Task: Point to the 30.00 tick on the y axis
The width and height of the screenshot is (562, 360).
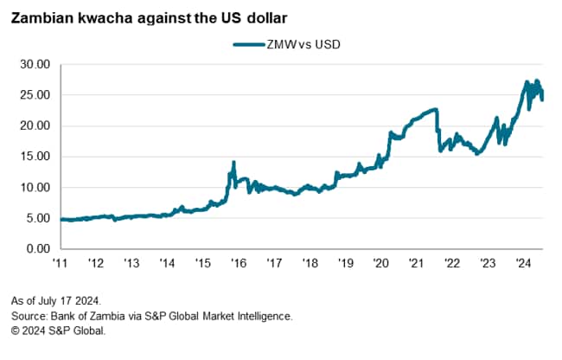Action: [x=35, y=64]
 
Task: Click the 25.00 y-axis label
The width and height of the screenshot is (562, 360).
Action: [x=35, y=95]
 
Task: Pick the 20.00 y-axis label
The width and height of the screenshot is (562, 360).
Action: [x=35, y=125]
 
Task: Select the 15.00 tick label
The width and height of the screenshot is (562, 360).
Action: [x=35, y=157]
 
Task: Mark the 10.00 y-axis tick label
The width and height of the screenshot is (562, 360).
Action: [x=35, y=188]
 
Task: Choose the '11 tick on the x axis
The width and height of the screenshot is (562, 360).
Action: [x=61, y=263]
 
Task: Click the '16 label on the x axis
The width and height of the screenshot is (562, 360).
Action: [x=238, y=263]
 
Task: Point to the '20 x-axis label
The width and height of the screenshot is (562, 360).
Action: [x=380, y=263]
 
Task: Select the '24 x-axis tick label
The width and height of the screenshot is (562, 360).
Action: [x=522, y=263]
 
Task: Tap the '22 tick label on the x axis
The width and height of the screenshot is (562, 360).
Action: [x=451, y=263]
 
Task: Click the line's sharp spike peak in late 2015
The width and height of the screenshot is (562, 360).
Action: [x=233, y=163]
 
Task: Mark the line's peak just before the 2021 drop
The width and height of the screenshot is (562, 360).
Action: [x=436, y=110]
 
